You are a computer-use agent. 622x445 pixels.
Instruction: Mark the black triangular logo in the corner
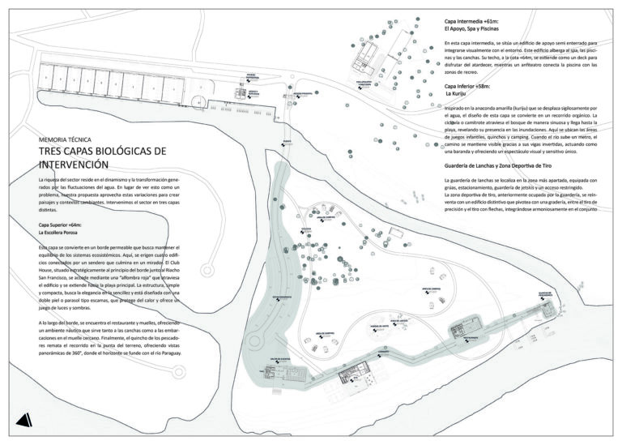(x=25, y=418)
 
